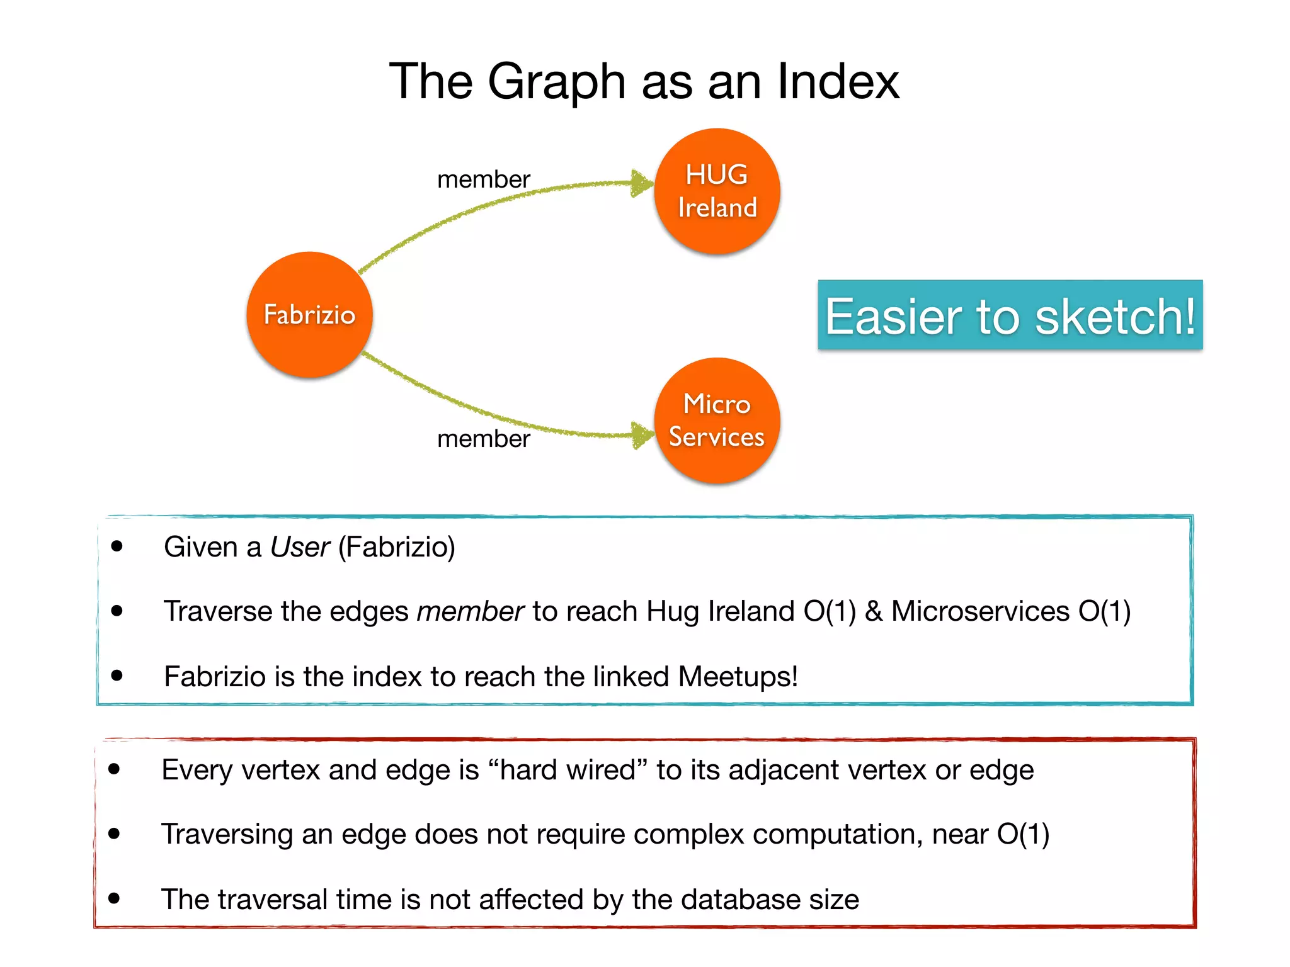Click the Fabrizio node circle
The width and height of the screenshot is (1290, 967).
point(309,315)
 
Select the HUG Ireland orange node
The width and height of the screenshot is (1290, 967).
point(717,191)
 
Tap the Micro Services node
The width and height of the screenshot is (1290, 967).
point(717,421)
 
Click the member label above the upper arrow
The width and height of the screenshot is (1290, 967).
point(483,180)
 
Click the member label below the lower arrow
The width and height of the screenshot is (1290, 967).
point(483,439)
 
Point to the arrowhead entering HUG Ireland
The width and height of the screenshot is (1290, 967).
point(642,183)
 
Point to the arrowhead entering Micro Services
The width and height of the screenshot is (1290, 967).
point(642,435)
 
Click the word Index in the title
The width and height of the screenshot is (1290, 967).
point(838,82)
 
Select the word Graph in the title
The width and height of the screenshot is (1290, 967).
point(557,82)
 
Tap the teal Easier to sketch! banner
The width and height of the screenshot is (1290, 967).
point(1010,315)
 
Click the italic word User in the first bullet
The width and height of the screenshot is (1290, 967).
point(300,547)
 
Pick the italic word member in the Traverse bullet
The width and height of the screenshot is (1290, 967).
point(470,611)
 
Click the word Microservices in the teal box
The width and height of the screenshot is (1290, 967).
point(980,611)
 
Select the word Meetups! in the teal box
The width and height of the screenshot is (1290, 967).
point(738,677)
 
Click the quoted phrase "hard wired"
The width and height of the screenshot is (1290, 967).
point(567,770)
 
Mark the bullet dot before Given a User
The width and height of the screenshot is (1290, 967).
point(117,546)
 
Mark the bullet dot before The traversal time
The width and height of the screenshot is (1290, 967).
point(114,898)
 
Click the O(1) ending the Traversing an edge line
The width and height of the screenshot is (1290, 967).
point(1023,834)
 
